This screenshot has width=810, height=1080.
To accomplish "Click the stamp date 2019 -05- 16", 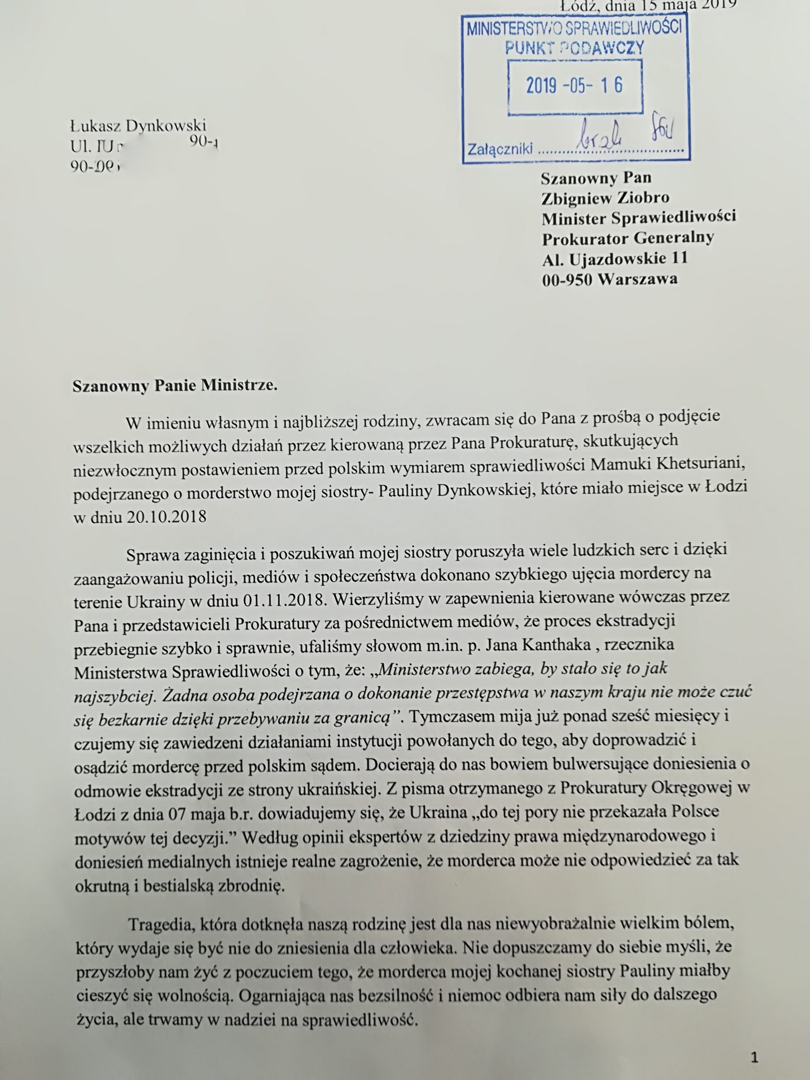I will click(574, 85).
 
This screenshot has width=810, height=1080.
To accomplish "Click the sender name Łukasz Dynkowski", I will click(138, 126).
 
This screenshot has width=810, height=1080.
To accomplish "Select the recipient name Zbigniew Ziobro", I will click(605, 198).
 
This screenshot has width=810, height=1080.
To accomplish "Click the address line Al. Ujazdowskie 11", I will click(615, 258).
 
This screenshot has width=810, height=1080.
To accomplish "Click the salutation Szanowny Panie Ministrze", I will click(175, 385).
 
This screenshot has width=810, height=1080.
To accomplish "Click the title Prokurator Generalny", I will click(628, 238).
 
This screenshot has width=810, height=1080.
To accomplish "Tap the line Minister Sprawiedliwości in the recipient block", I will click(639, 217).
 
